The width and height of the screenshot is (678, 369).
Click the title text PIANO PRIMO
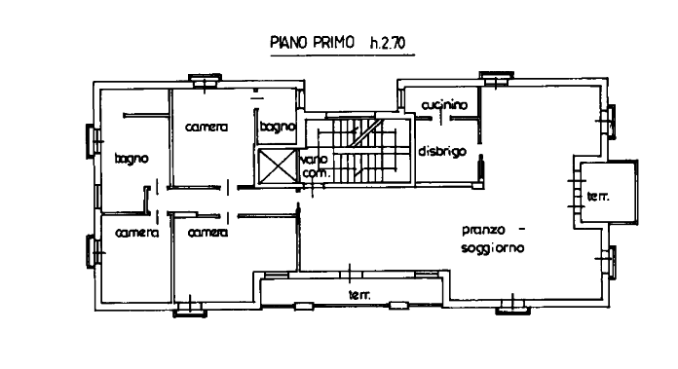click(312, 42)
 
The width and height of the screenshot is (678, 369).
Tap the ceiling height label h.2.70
click(388, 43)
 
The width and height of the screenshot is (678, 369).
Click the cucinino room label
click(444, 105)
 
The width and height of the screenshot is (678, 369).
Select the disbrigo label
click(442, 151)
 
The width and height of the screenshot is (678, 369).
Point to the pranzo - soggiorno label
click(493, 239)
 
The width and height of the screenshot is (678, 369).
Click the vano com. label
click(315, 166)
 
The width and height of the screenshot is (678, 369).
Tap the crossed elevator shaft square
click(277, 166)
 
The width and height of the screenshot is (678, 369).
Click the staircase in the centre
click(358, 150)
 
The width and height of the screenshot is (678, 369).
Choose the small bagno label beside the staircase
click(278, 127)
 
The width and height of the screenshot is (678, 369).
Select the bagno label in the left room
click(132, 159)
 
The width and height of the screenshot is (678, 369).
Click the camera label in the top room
click(207, 127)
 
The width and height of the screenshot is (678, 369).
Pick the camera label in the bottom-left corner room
click(137, 233)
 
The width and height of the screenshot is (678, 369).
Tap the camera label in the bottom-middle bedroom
click(208, 233)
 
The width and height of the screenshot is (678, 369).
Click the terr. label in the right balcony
click(598, 197)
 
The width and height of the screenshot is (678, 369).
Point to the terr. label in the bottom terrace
click(359, 295)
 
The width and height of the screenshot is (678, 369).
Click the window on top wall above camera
click(205, 81)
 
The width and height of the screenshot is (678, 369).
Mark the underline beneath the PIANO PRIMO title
click(343, 55)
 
